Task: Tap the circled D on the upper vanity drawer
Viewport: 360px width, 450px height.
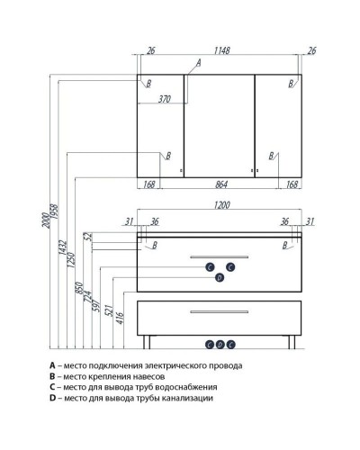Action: [x=219, y=278]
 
